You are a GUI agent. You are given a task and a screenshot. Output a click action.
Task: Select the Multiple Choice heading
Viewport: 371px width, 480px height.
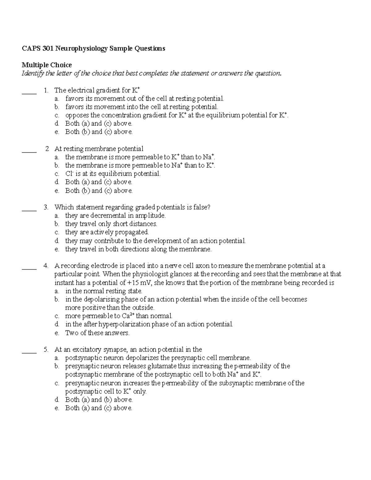(x=47, y=65)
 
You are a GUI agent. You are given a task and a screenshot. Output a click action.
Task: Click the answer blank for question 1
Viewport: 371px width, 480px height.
(x=29, y=92)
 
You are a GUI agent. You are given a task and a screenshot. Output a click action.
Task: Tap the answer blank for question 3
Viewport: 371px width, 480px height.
(x=29, y=209)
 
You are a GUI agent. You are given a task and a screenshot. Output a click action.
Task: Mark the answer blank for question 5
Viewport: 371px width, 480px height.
(x=29, y=351)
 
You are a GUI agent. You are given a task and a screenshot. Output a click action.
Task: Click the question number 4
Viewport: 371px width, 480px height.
(x=46, y=266)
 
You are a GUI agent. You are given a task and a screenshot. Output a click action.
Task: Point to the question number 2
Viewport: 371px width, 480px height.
(x=47, y=149)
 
